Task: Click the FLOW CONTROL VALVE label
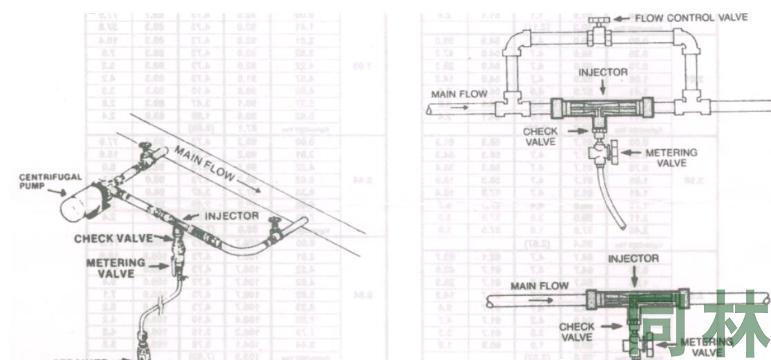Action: click(691, 17)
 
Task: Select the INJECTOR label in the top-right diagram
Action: click(602, 72)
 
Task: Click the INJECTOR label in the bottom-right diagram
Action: click(633, 258)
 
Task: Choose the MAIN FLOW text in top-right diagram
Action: click(459, 94)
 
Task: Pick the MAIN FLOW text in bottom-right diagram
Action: click(540, 285)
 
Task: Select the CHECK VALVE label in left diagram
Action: click(114, 238)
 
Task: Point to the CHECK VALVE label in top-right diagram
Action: click(540, 136)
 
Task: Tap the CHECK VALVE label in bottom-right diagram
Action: click(576, 332)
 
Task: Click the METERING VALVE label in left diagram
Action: click(116, 267)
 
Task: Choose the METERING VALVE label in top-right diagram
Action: click(670, 158)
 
